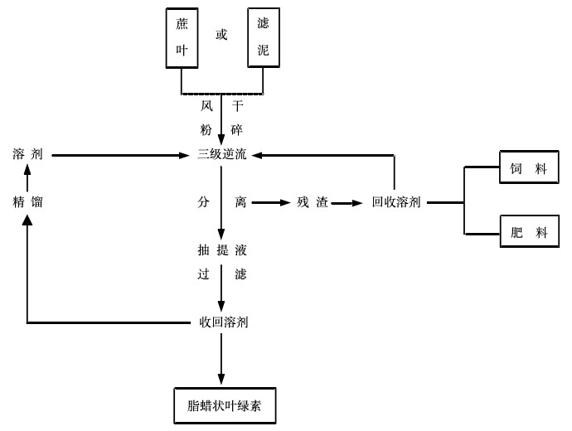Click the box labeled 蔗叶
[x=182, y=37]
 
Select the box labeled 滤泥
[x=264, y=37]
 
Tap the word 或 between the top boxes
[x=221, y=35]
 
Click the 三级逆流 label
[x=221, y=154]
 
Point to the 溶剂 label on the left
[x=27, y=154]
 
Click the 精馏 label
[x=27, y=201]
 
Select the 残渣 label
[x=313, y=201]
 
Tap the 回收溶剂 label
[x=396, y=201]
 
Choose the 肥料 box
[x=529, y=233]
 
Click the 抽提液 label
[x=221, y=249]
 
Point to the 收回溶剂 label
[x=224, y=322]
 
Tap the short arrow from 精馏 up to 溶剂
[x=27, y=177]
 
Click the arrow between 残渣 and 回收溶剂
[x=348, y=201]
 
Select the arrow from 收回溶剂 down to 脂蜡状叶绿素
[x=221, y=356]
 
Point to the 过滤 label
[x=221, y=274]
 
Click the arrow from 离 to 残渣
[x=269, y=201]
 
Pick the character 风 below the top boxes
[x=206, y=106]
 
